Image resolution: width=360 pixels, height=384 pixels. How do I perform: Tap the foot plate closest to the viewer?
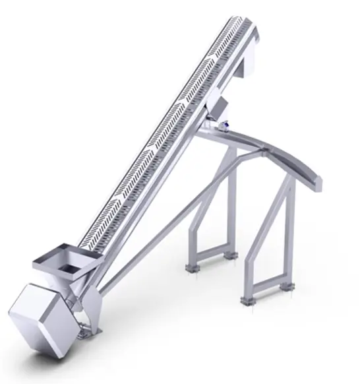[249, 301]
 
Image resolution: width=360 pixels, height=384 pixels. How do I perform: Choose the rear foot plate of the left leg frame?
[228, 255]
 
